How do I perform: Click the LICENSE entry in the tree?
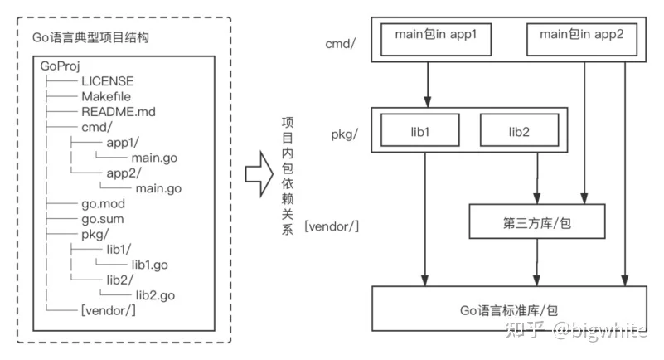[107, 81]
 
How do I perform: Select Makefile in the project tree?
[107, 96]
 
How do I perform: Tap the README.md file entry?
[117, 111]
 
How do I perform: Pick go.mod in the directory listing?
[104, 203]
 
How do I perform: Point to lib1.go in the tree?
[150, 265]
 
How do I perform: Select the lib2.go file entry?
[154, 295]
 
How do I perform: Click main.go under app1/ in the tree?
[154, 158]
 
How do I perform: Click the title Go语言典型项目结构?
[92, 39]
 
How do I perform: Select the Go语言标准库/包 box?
[508, 310]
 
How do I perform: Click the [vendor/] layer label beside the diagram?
[332, 225]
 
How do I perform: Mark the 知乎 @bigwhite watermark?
[590, 331]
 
